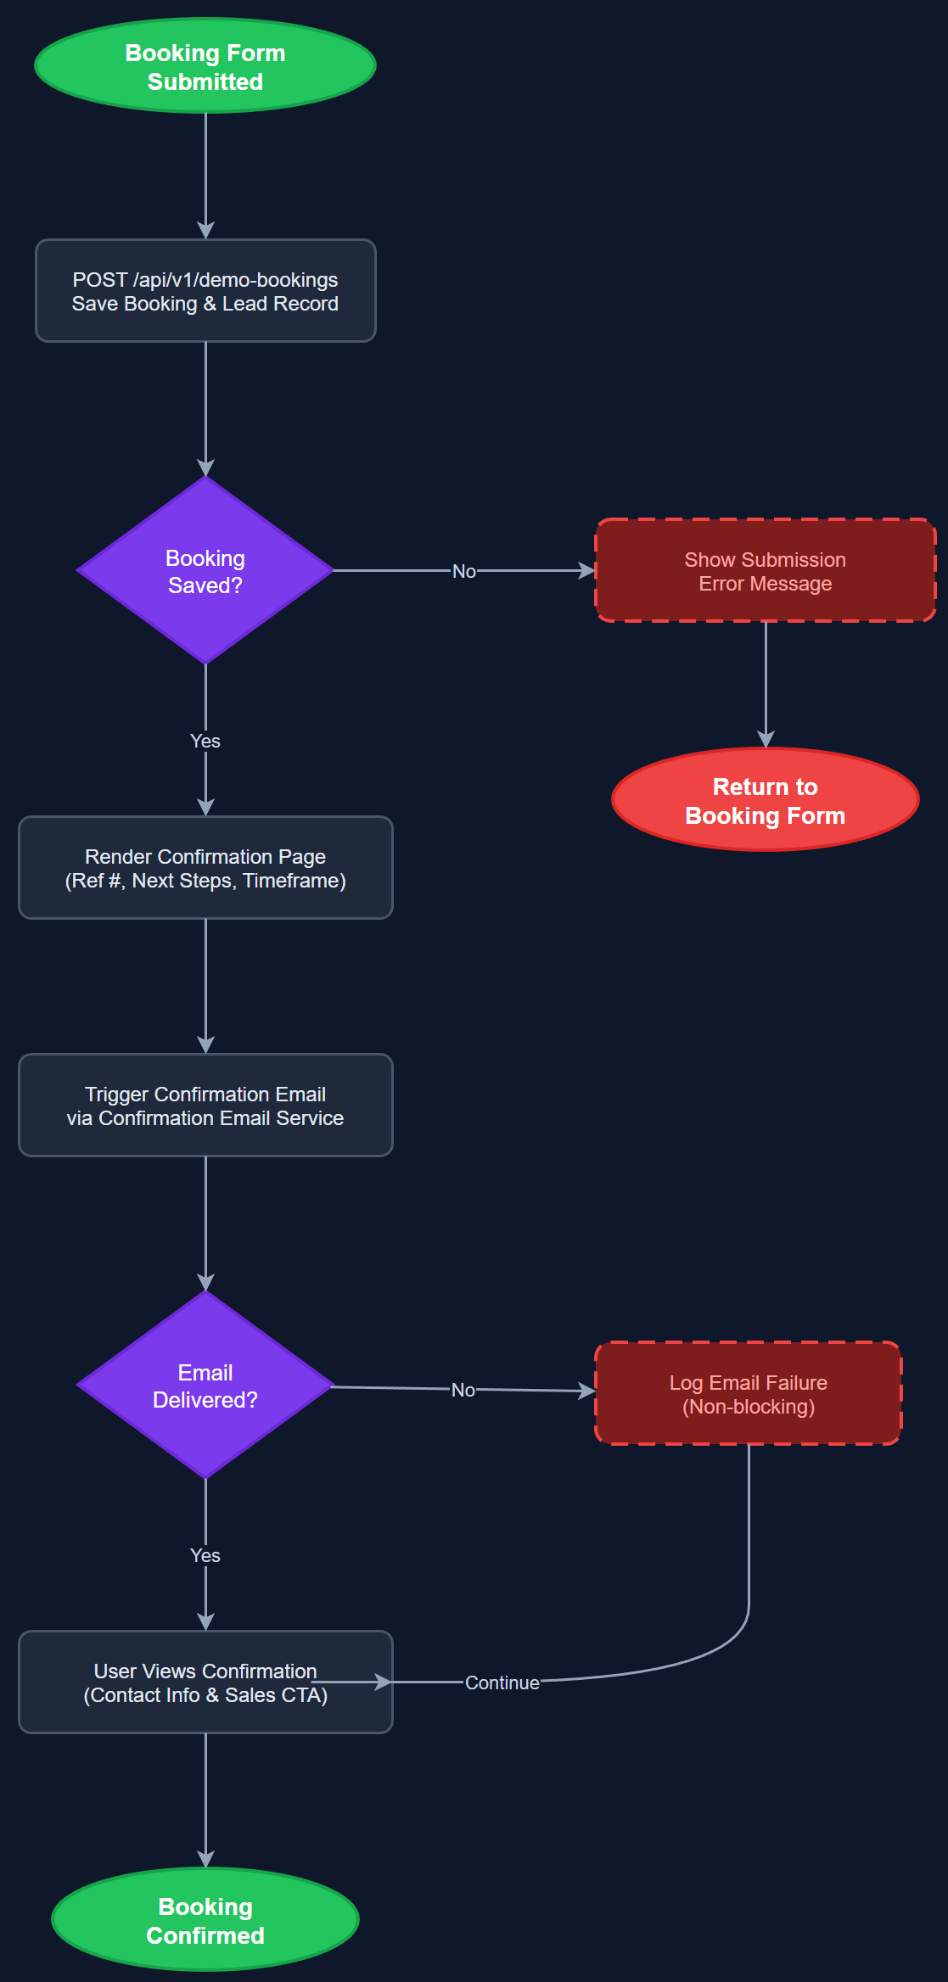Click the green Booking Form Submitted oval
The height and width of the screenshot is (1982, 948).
click(205, 66)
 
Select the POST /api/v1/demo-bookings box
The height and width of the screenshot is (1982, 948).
click(205, 291)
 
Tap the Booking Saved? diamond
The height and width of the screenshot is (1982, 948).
click(205, 571)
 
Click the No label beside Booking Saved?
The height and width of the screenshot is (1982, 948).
click(463, 571)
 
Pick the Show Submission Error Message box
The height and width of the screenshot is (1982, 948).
click(765, 571)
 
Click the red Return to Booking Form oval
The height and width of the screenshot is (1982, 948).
click(765, 800)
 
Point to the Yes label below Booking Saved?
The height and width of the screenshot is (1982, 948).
click(205, 741)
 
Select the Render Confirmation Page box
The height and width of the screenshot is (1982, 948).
click(205, 868)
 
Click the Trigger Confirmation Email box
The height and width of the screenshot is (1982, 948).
click(205, 1106)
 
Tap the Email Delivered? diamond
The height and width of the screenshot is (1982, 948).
click(205, 1386)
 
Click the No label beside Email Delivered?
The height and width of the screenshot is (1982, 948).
click(463, 1390)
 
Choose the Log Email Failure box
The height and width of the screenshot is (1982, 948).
click(748, 1394)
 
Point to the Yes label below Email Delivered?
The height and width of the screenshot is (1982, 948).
click(205, 1555)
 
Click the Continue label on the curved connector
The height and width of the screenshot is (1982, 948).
click(502, 1682)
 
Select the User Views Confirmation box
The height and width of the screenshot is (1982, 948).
click(205, 1682)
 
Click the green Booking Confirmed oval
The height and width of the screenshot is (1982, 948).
click(205, 1920)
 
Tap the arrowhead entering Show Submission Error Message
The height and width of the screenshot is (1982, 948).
click(587, 571)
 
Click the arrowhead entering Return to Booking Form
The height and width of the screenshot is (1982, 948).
click(766, 740)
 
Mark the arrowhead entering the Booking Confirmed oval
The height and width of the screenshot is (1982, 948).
click(205, 1860)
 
